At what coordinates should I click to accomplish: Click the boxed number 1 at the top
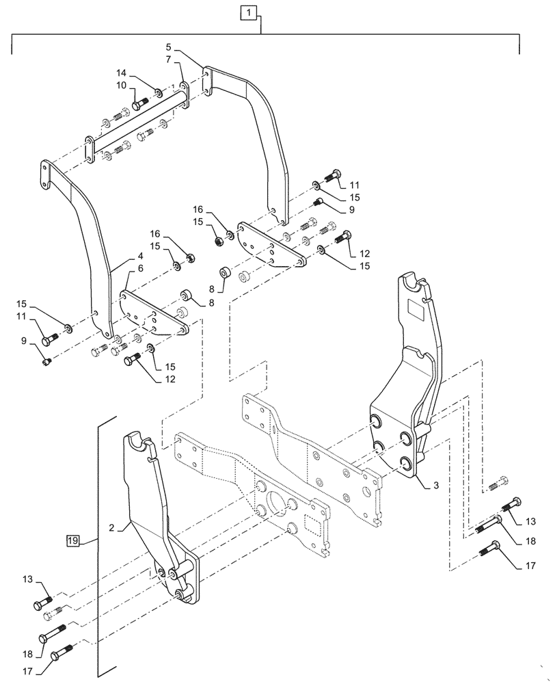pyautogui.click(x=249, y=12)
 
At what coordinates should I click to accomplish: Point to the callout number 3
pyautogui.click(x=435, y=485)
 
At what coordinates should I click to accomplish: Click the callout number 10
pyautogui.click(x=121, y=85)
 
